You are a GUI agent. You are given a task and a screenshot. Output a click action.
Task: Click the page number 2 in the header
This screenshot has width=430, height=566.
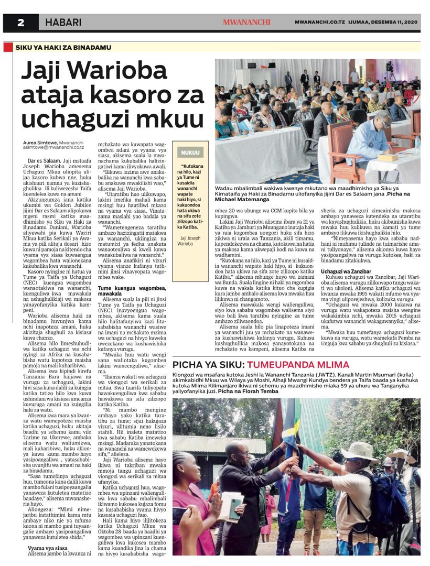pos(21,23)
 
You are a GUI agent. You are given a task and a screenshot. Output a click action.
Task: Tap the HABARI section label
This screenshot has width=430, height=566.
pos(63,23)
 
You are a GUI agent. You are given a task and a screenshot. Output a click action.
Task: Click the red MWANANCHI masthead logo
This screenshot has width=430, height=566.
pos(246,23)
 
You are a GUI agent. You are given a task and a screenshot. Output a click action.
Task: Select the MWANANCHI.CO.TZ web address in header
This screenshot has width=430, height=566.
pos(319,23)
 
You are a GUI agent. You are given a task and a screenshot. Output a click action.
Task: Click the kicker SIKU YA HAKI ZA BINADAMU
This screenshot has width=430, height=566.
pos(56,47)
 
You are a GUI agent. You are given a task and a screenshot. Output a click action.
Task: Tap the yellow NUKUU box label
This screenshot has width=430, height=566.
pos(190,153)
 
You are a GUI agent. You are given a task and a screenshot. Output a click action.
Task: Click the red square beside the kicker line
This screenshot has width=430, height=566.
pos(7,47)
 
